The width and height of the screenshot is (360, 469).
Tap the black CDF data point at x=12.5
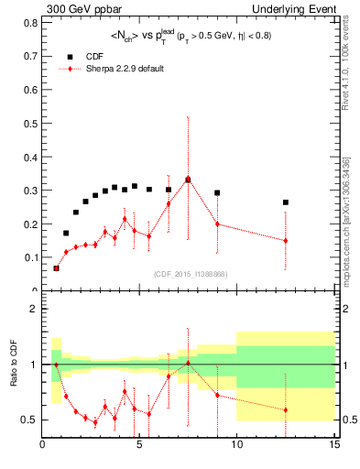click(286, 202)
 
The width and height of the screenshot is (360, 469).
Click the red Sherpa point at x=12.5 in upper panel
click(286, 241)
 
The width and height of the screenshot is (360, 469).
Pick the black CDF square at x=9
click(217, 193)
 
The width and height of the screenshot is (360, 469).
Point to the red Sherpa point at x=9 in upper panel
click(217, 224)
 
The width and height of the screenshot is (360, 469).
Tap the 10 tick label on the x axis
click(237, 447)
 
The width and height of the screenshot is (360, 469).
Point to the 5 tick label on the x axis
click(139, 447)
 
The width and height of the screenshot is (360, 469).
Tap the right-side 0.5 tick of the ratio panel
click(347, 420)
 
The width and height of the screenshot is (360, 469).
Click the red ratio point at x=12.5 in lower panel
click(286, 409)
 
